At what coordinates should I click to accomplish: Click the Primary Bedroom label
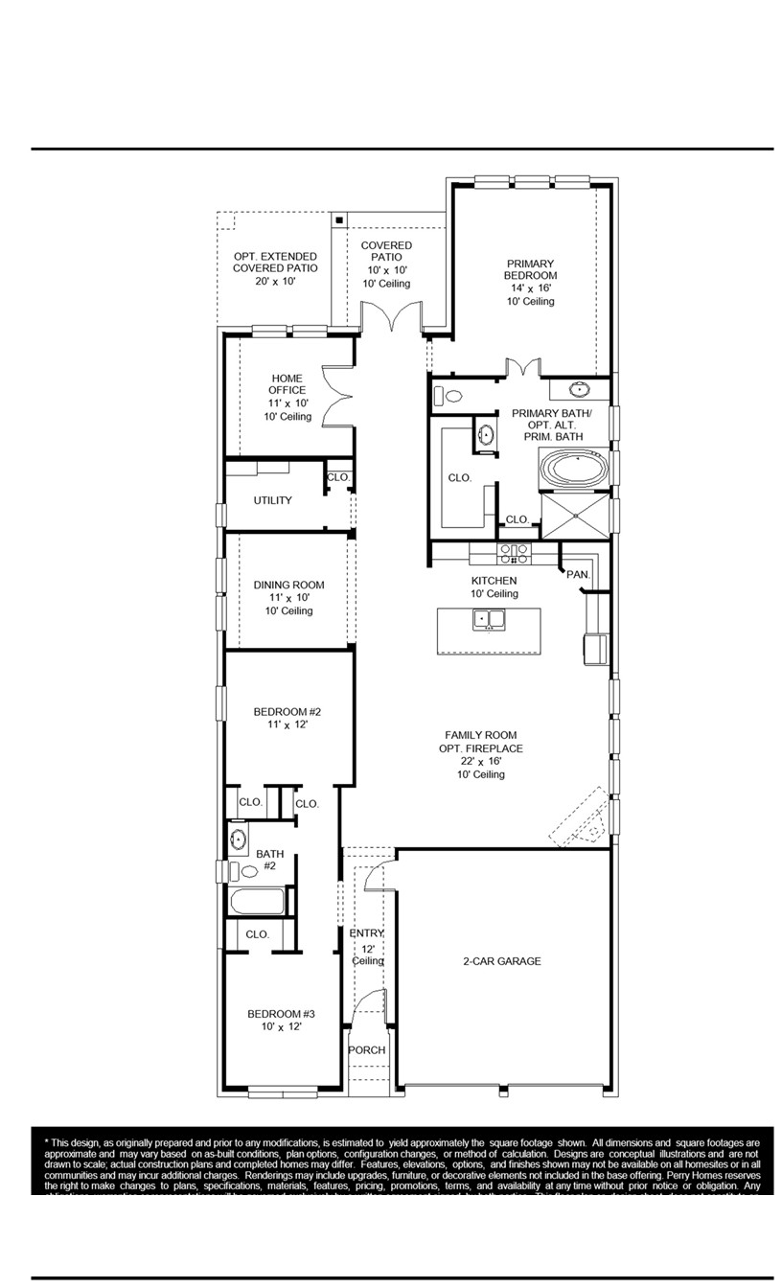530,282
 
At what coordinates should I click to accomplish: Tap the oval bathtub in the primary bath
575,470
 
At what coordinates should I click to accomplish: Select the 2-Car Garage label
502,961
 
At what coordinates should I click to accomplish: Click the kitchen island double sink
489,619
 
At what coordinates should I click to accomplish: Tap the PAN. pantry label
577,574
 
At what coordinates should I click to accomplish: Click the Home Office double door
337,396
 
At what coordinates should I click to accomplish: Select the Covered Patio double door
391,317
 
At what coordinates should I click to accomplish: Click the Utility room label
272,500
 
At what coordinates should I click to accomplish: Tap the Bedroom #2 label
287,718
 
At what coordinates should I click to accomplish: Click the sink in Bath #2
238,840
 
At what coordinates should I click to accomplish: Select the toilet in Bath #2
246,871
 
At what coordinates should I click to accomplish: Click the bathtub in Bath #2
257,902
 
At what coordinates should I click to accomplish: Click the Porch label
366,1050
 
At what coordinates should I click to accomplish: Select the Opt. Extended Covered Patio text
274,268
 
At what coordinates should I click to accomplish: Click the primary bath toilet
449,395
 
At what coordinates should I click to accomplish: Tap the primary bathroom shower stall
575,516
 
